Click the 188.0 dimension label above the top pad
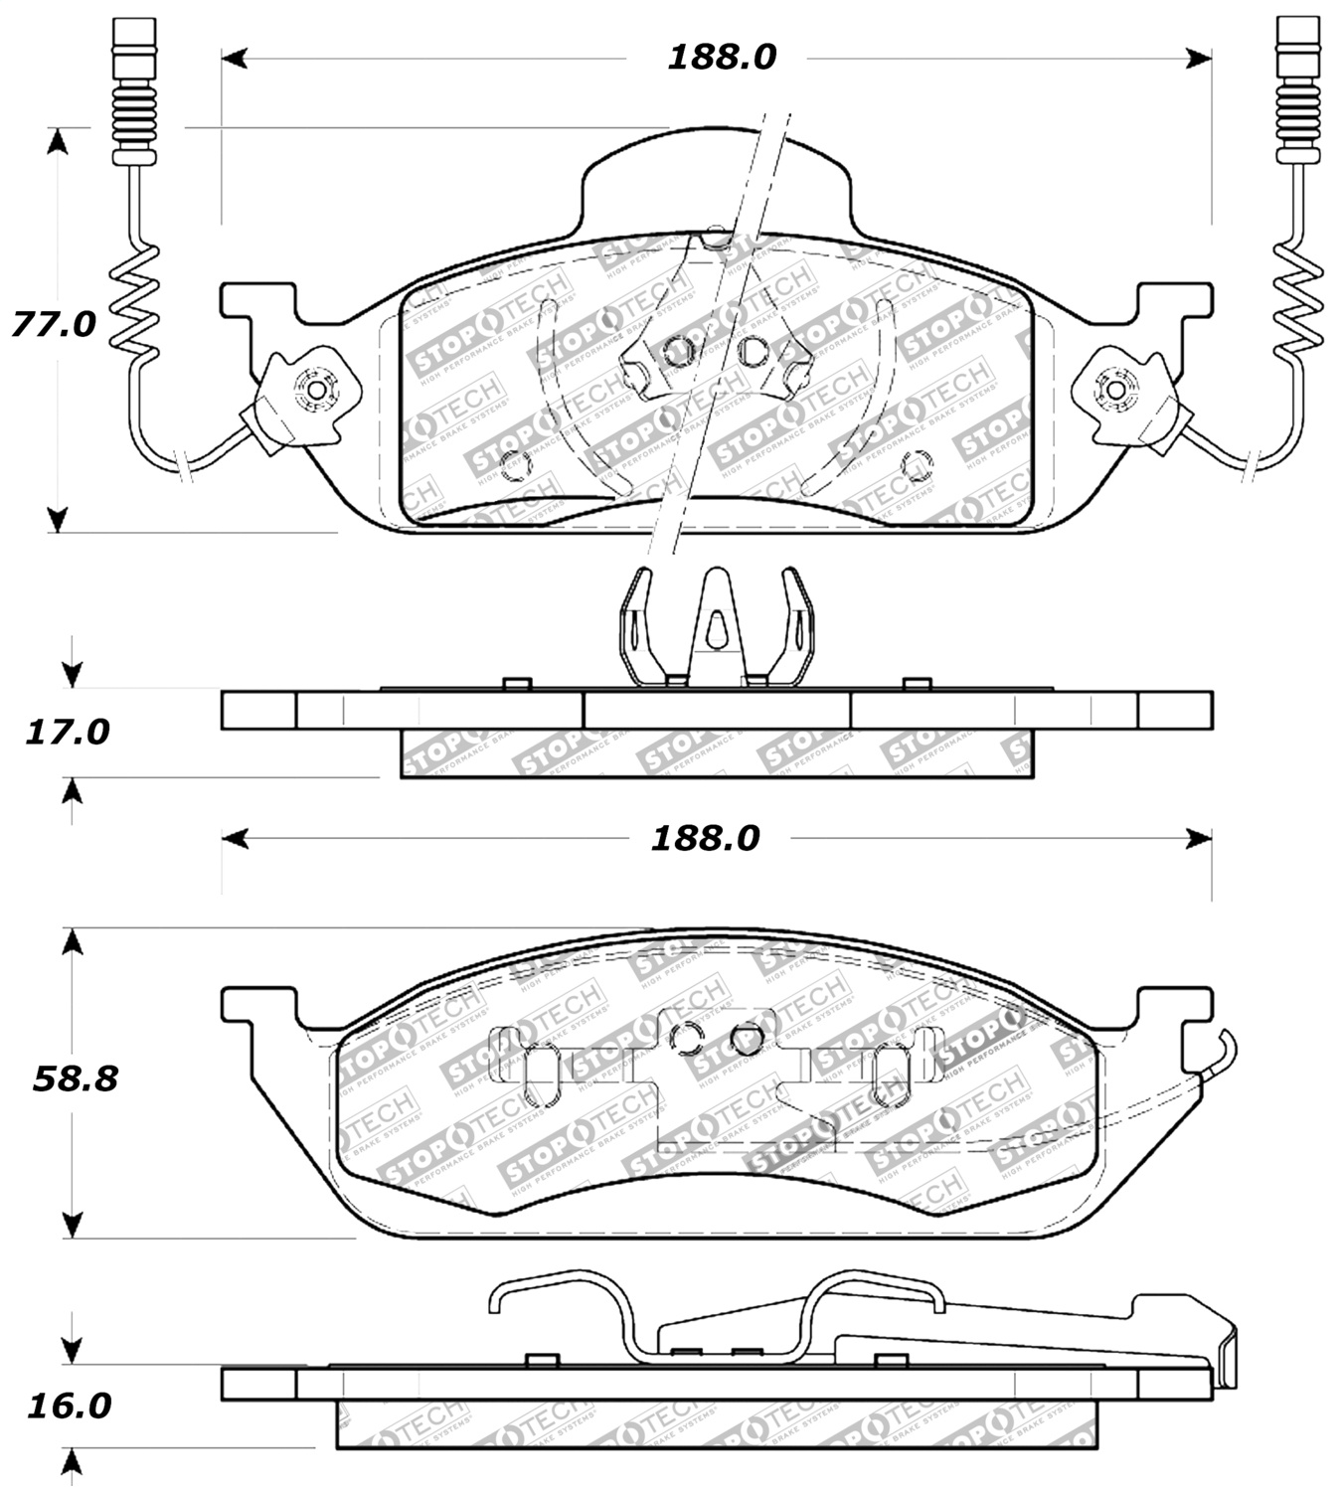721,58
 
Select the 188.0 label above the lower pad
705,839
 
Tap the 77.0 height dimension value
54,324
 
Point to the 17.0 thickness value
67,733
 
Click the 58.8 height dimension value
75,1078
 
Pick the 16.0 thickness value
69,1406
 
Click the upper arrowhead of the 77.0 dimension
59,141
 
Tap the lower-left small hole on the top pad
513,464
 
